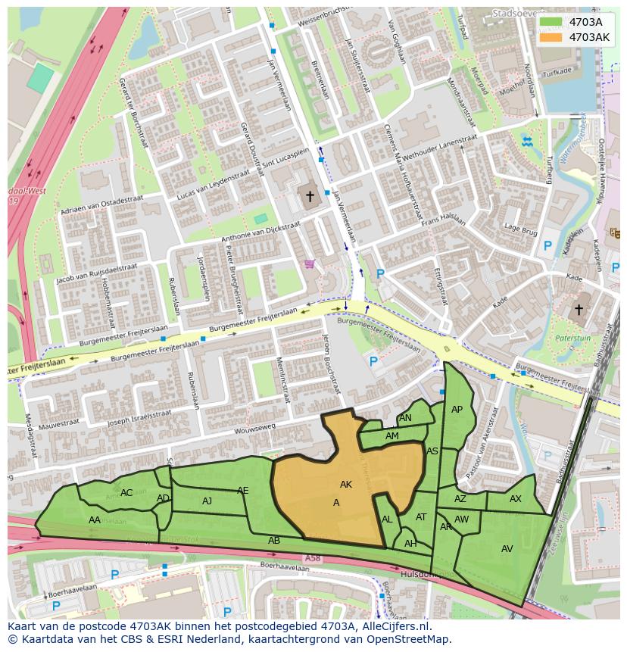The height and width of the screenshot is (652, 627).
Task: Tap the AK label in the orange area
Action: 346,485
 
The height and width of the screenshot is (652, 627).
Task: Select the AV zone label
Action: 507,549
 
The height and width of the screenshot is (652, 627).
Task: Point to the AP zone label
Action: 457,410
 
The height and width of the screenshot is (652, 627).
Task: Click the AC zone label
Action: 126,493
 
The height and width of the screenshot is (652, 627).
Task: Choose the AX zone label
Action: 516,499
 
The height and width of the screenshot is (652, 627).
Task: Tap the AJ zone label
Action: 207,501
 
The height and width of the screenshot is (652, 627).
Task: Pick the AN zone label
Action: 405,418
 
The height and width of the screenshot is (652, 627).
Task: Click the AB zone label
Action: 274,541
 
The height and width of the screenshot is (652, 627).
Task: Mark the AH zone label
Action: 410,544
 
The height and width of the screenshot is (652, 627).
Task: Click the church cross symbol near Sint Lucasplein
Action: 310,197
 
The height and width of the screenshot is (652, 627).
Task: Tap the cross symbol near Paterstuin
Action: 579,309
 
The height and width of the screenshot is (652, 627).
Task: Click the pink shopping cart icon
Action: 309,264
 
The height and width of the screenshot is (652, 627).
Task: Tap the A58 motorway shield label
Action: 313,558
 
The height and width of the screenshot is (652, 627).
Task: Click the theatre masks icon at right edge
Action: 615,235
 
